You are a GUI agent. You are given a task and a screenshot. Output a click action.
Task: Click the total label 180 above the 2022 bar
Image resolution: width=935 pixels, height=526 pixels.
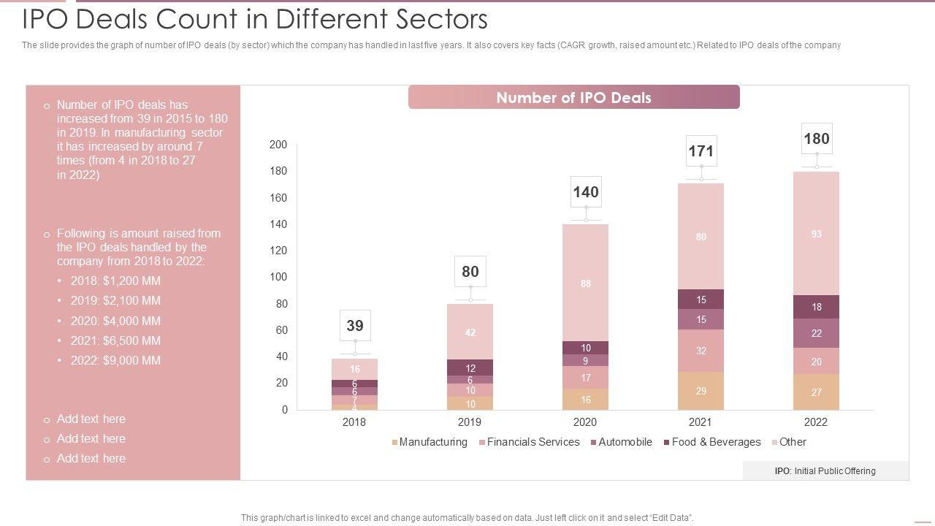[x=817, y=138]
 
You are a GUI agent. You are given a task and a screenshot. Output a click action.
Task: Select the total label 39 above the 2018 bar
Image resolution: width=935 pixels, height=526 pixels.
[x=355, y=325]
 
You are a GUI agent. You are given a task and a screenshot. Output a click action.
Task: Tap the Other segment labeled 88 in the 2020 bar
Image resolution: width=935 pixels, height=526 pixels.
[x=586, y=283]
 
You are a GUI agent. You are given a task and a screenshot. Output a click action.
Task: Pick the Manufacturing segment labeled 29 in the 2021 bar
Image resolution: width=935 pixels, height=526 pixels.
[x=701, y=391]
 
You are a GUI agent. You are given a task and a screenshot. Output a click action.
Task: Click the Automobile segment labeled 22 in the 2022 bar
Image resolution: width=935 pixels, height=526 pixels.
[x=817, y=333]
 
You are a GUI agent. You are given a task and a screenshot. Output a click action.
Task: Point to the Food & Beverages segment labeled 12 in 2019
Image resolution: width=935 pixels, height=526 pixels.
[x=470, y=367]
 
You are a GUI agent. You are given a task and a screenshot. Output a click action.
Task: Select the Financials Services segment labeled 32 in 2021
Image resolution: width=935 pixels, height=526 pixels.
[x=701, y=351]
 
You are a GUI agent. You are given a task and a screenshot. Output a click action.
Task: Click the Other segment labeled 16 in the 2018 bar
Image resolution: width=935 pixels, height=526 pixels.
[x=355, y=369]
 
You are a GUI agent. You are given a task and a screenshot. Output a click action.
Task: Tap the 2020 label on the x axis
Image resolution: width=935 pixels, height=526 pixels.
[x=585, y=422]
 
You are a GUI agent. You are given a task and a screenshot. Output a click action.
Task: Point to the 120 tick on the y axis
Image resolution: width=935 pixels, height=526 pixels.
[x=278, y=251]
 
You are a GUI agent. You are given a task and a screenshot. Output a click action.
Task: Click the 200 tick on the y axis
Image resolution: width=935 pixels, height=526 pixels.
[x=278, y=145]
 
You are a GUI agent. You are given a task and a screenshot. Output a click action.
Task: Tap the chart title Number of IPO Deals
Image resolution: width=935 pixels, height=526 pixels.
[x=573, y=98]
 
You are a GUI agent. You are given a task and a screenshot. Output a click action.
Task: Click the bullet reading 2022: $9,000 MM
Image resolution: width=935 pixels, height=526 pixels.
[x=115, y=360]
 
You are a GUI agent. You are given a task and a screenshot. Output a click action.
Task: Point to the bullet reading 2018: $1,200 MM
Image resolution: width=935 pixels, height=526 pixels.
[x=115, y=281]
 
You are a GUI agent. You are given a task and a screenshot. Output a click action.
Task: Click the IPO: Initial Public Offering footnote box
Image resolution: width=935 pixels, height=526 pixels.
[x=825, y=471]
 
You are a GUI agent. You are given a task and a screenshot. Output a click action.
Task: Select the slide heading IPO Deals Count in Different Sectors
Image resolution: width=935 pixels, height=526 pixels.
[x=255, y=18]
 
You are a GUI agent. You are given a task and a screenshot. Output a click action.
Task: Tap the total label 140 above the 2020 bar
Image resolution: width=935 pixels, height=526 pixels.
[x=586, y=191]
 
